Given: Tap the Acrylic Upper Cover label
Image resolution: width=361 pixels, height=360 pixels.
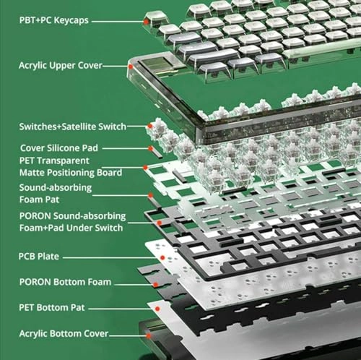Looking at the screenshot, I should pos(60,65).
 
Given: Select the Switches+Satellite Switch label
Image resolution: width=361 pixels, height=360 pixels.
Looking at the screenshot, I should pos(73,127).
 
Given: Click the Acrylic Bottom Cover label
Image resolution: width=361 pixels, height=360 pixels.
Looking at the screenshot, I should pos(64,334).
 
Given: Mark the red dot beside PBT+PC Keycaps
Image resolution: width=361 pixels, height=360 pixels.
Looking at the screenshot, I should pos(147,22).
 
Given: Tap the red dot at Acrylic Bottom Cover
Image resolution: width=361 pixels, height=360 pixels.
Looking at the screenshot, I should pos(148,335).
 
